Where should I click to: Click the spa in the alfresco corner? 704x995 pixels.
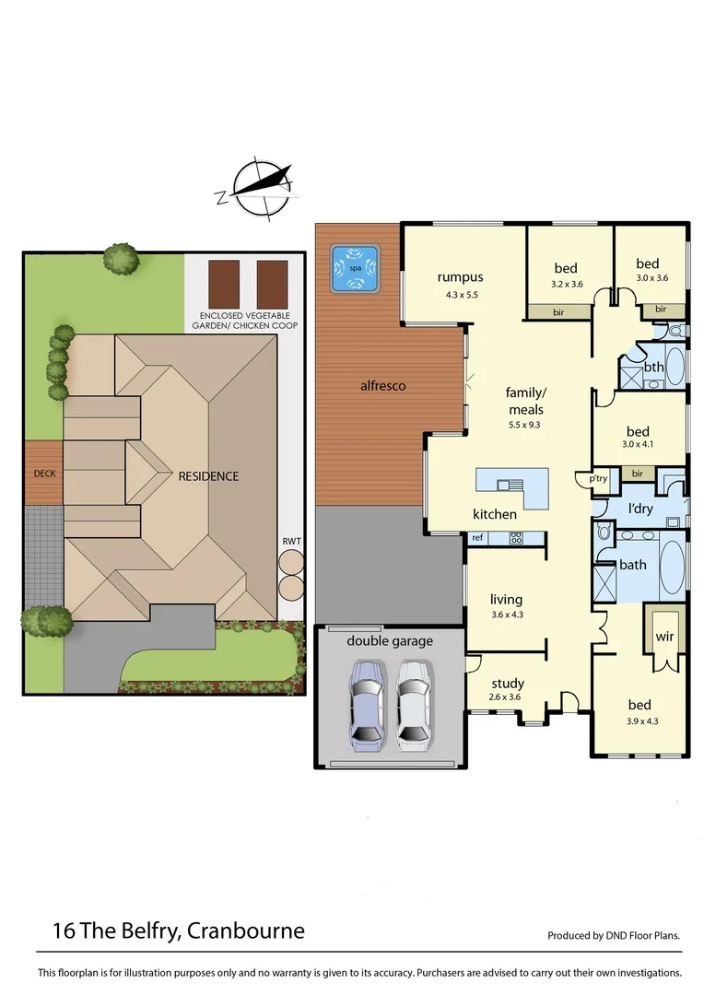tap(356, 267)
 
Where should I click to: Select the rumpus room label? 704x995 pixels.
tap(461, 277)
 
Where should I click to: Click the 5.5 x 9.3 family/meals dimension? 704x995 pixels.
tap(525, 426)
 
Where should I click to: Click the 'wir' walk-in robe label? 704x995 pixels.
tap(664, 637)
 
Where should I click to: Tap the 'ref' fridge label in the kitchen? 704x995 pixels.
tap(477, 537)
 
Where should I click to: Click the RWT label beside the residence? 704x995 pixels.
tap(292, 541)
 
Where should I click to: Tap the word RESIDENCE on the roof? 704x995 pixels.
tap(209, 476)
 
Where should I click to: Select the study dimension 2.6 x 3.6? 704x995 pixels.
tap(507, 696)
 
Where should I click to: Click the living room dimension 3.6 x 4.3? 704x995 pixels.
tap(507, 615)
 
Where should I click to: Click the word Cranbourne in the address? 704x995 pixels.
tap(246, 931)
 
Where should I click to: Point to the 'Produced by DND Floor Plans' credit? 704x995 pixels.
tap(614, 935)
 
